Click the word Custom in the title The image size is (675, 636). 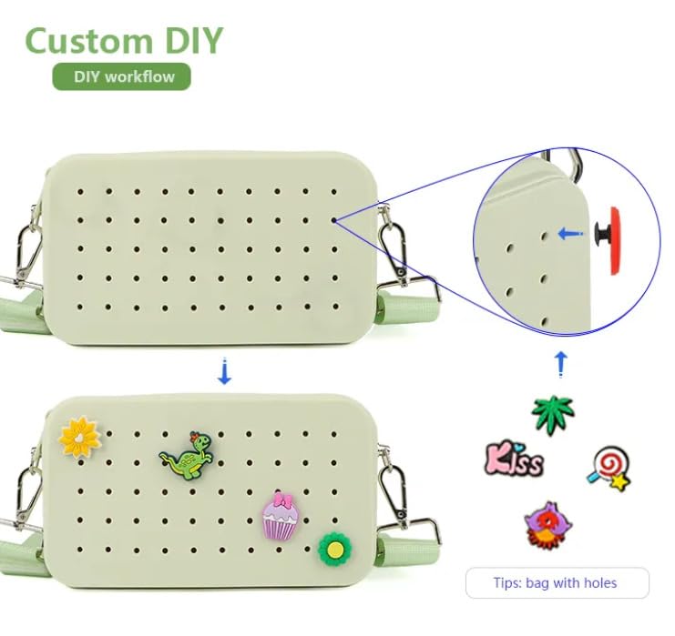tap(88, 41)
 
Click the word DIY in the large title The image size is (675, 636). tap(190, 41)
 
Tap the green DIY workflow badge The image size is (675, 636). tap(121, 76)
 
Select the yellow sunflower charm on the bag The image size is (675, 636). tap(80, 436)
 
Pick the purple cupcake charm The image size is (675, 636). tap(280, 517)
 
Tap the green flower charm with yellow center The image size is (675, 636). tap(334, 548)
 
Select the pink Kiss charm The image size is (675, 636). tap(515, 459)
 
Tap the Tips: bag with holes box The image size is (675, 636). tap(557, 582)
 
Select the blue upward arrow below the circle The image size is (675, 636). tap(561, 365)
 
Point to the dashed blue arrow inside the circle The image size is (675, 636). tap(570, 234)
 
